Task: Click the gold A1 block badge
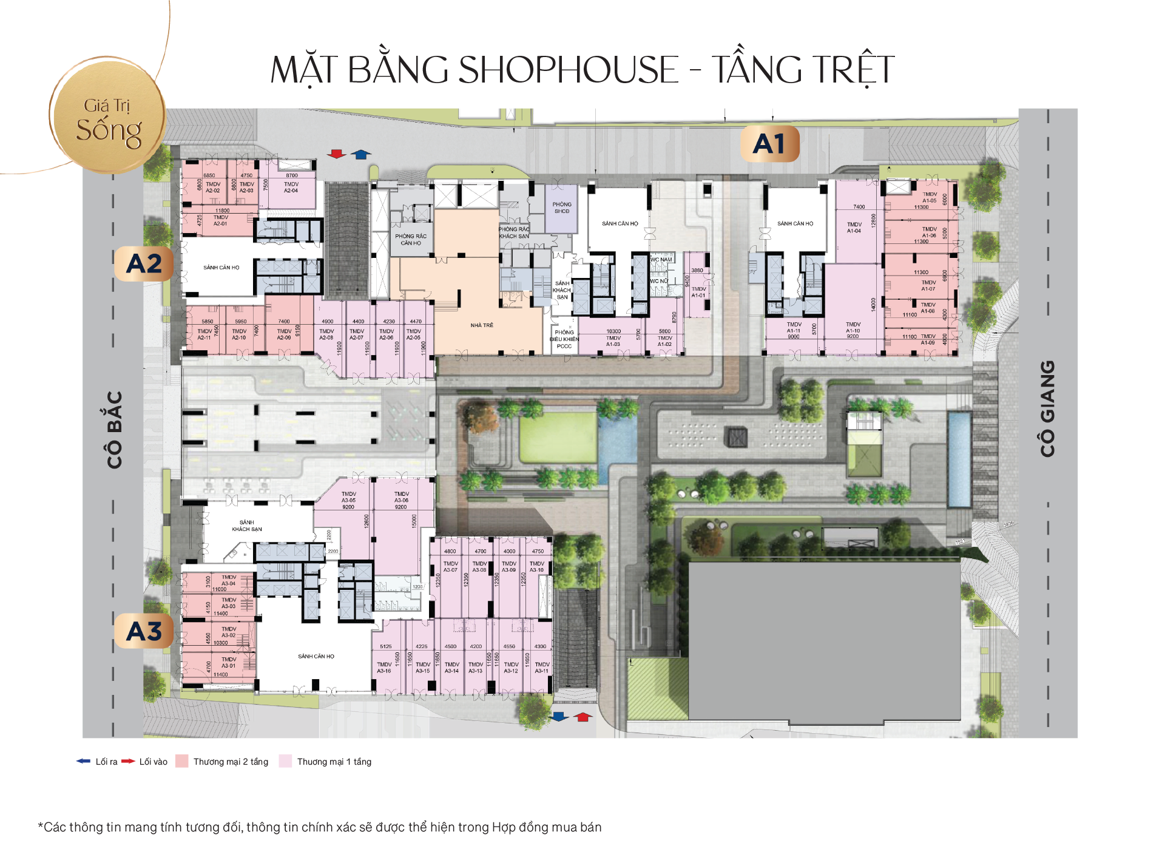tap(769, 144)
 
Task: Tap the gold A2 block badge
tap(144, 263)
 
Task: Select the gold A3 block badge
tap(144, 631)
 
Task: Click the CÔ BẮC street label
tap(115, 430)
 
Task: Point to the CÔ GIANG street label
tap(1047, 408)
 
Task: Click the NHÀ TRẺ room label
tap(482, 325)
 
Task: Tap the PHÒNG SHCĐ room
tap(562, 208)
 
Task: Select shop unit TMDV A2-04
tap(291, 188)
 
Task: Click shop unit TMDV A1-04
tap(854, 228)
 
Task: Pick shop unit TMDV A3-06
tap(401, 500)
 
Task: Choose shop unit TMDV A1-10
tap(853, 330)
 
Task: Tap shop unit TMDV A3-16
tap(384, 668)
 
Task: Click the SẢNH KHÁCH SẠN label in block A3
tap(247, 526)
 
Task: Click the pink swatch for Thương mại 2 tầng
tap(181, 761)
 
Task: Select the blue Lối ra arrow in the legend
tap(83, 761)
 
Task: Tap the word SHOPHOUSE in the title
tap(567, 69)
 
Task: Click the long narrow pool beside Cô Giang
tap(959, 459)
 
